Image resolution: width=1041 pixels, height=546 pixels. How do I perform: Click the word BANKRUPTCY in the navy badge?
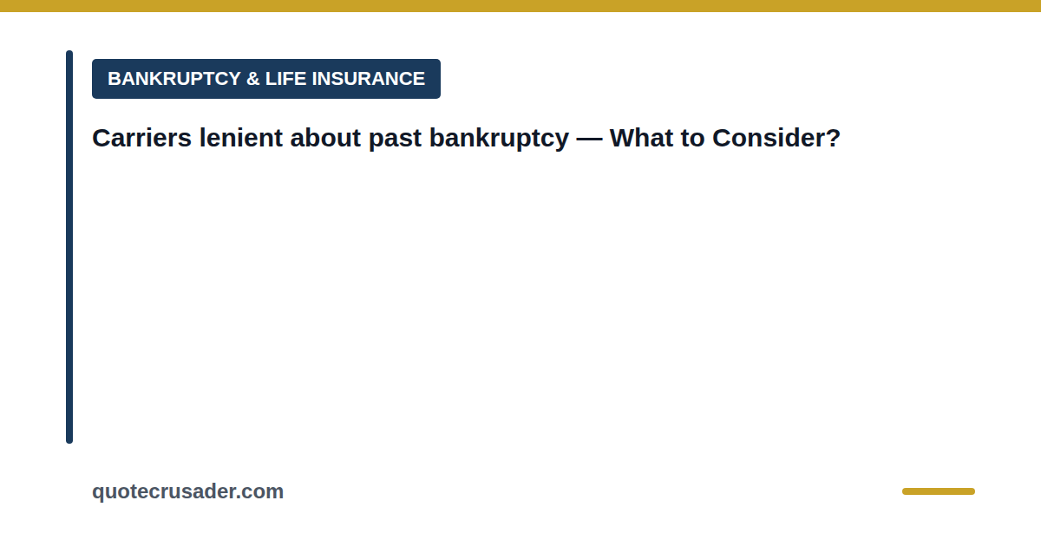point(174,79)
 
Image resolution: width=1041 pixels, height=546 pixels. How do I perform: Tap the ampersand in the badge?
point(252,79)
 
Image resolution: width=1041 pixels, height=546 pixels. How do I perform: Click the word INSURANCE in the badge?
point(369,79)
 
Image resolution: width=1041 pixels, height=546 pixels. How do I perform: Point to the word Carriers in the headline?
point(141,138)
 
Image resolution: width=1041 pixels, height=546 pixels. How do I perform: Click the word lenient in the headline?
point(241,138)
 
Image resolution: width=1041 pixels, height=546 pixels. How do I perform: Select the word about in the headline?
point(325,138)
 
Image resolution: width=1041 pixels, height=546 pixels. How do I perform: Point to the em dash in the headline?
point(589,139)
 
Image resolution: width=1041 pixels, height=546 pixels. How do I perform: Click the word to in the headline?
point(692,139)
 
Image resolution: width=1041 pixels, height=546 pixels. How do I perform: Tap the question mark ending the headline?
point(832,138)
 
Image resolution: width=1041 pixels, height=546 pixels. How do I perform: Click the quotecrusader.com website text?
point(187,492)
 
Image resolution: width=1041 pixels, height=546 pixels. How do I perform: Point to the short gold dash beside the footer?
point(939,491)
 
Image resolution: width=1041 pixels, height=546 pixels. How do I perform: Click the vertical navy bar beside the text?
point(69,247)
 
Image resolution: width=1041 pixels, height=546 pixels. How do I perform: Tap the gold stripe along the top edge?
point(520,5)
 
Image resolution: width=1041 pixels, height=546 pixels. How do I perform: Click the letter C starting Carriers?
point(101,138)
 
